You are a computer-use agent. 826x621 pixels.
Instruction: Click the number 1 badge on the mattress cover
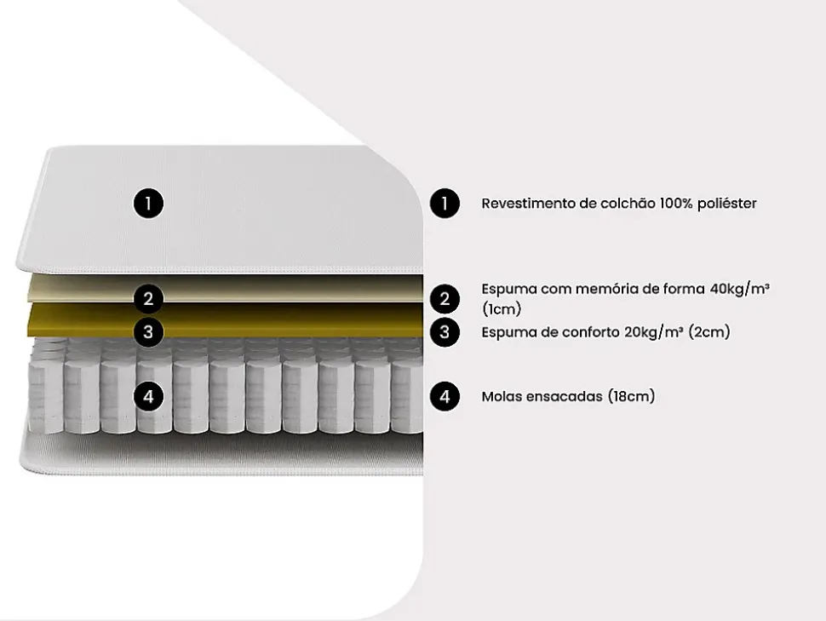[148, 204]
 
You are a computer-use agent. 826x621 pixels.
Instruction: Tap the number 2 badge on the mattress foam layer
[148, 299]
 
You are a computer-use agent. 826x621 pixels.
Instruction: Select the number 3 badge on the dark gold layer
[148, 331]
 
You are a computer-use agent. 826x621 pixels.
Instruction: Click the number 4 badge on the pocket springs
[148, 396]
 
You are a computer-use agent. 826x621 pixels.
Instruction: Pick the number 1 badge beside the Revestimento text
[445, 204]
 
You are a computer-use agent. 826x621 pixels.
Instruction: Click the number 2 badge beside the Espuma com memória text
[445, 299]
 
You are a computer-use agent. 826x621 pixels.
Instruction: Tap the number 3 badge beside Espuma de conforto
[445, 331]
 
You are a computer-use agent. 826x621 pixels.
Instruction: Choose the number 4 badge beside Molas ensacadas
[445, 396]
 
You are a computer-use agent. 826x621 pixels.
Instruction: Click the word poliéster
[727, 204]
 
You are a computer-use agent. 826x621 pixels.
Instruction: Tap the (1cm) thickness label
[502, 309]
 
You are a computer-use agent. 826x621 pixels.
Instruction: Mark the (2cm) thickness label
[709, 332]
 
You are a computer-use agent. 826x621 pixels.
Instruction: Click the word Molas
[501, 396]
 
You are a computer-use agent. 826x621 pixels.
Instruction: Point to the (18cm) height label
[631, 396]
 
